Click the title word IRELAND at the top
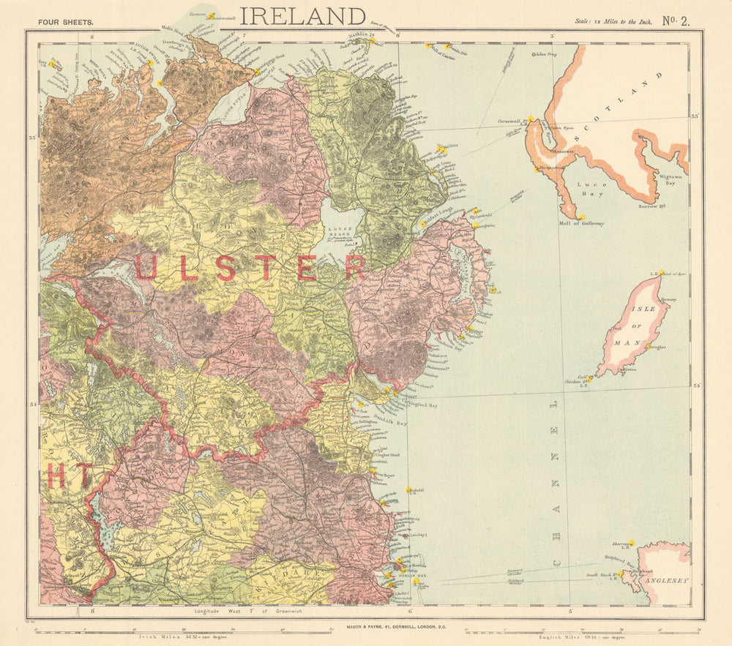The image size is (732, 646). coord(302,15)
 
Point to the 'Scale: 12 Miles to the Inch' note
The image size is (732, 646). coord(612,22)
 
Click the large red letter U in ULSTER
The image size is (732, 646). coord(146,268)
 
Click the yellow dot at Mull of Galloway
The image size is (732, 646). coord(580,217)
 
